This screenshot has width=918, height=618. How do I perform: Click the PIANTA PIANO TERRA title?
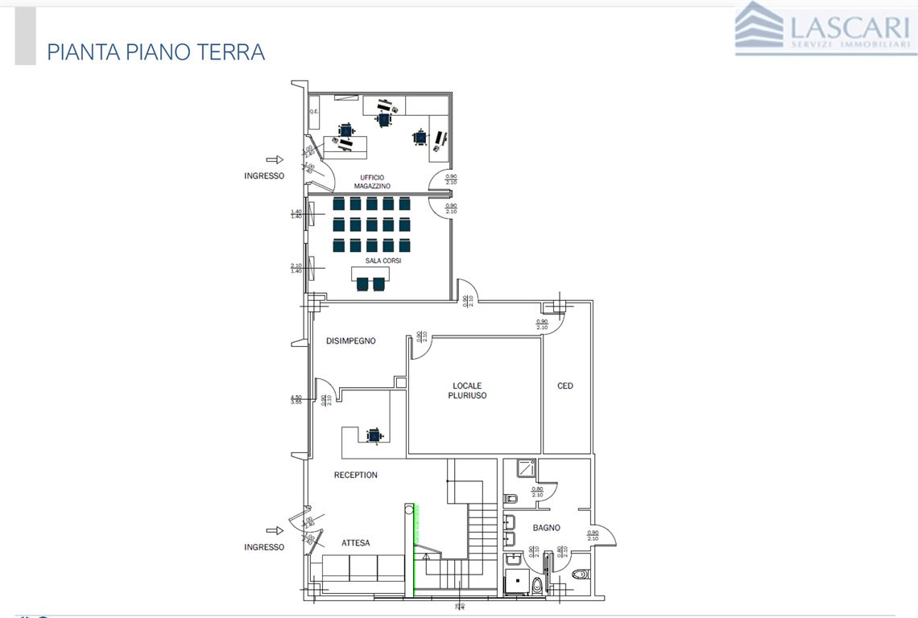[x=156, y=52]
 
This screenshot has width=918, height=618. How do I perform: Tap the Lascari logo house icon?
[x=758, y=27]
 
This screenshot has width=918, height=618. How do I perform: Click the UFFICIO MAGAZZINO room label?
[x=372, y=182]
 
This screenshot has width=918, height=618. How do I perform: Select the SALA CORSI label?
[x=382, y=261]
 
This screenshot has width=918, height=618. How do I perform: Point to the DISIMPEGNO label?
[x=350, y=341]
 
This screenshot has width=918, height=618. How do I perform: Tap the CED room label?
[x=565, y=386]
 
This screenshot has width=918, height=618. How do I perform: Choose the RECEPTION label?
[x=355, y=475]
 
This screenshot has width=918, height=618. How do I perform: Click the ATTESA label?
[x=355, y=543]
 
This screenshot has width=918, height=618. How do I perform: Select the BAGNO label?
[x=546, y=528]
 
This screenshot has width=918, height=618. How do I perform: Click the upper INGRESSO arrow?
[x=275, y=160]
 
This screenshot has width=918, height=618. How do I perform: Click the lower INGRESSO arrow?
[x=275, y=530]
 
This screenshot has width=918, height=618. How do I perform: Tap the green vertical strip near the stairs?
[x=414, y=551]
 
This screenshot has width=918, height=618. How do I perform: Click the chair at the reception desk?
[x=374, y=435]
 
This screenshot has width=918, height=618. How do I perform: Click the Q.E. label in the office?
[x=314, y=111]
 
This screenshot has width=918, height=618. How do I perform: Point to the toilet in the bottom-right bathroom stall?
[x=581, y=574]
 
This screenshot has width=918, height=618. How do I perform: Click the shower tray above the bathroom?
[x=526, y=468]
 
